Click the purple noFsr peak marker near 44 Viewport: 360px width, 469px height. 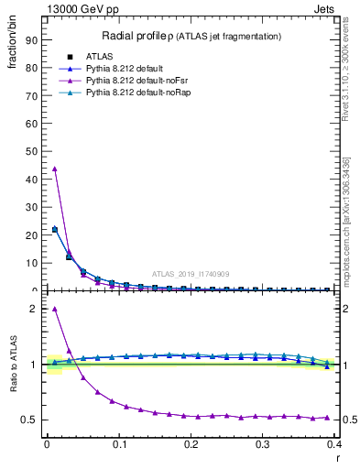(54, 169)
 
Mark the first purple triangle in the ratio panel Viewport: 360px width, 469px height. (54, 309)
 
